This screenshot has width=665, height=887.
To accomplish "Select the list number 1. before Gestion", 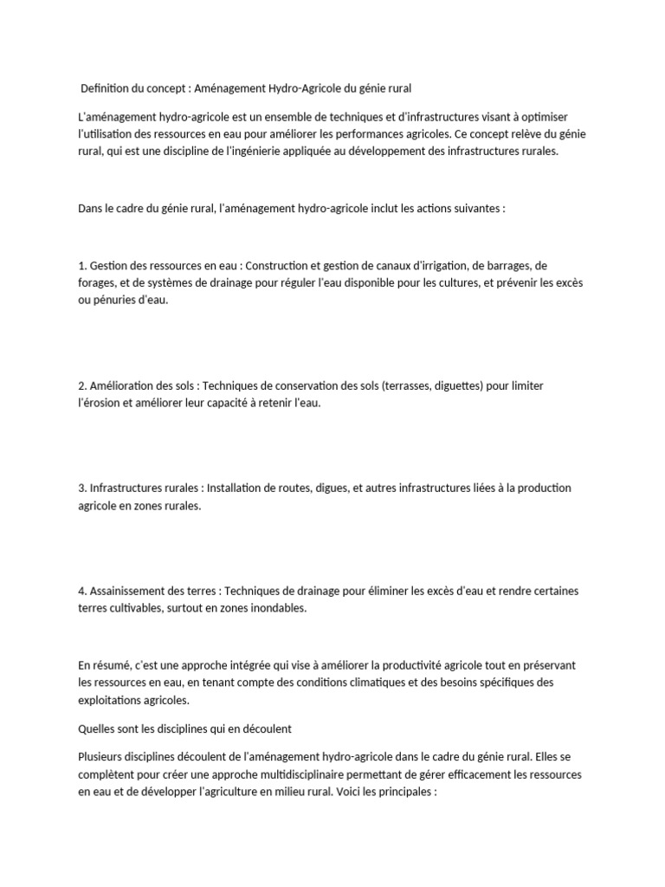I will click(82, 265).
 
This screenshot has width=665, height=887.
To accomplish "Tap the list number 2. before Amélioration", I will click(82, 385).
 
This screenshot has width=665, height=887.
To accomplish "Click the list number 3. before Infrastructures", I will click(82, 489).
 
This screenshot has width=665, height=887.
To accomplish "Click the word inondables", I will click(280, 608).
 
